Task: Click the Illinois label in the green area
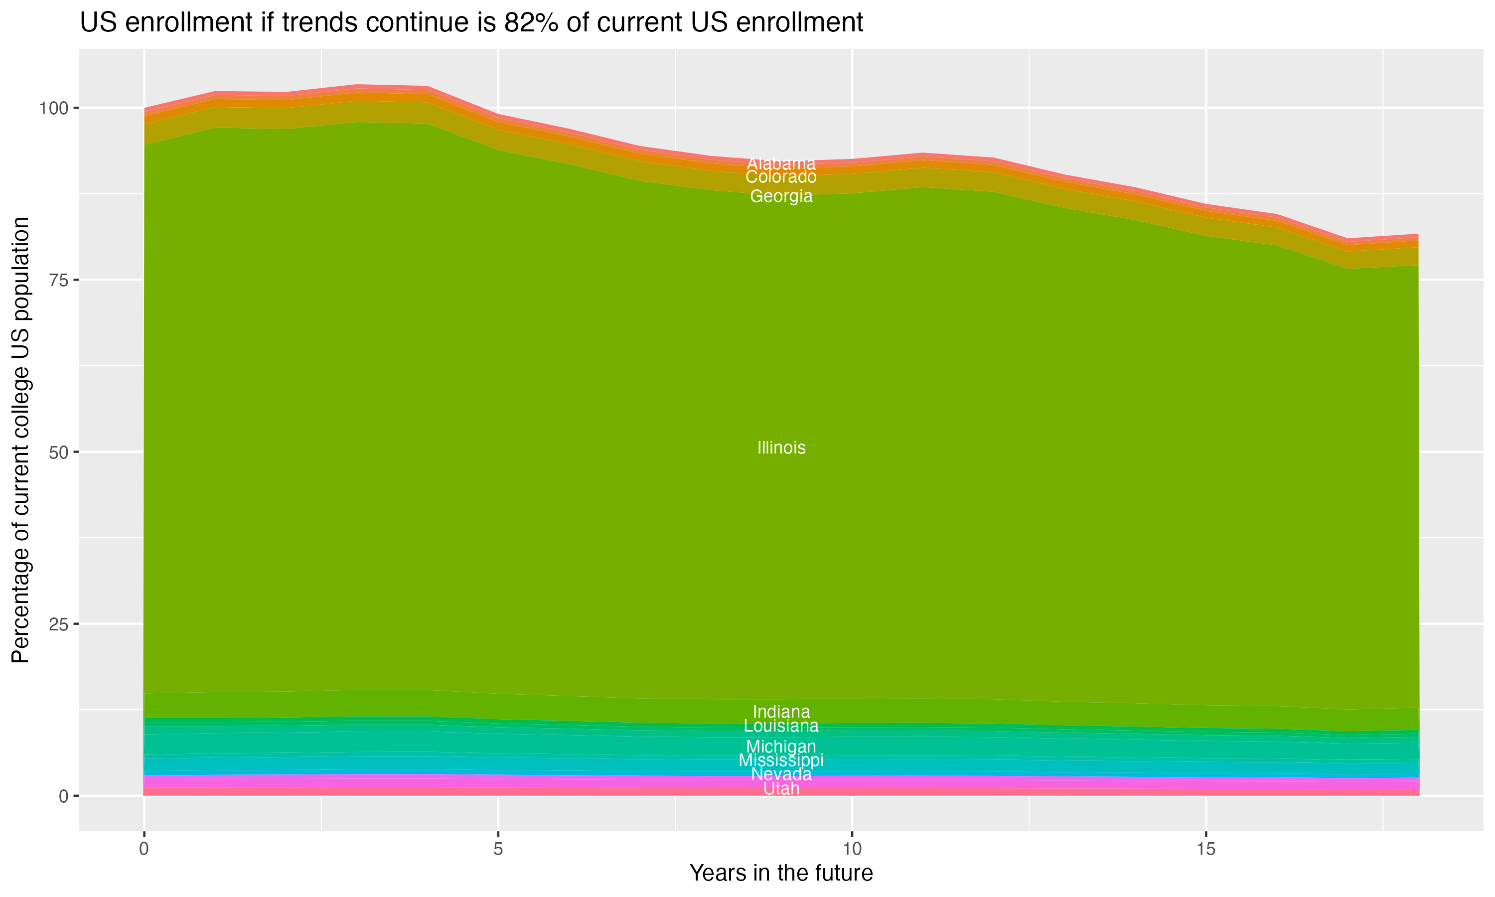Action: [781, 448]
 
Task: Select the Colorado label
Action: [781, 177]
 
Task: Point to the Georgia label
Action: [781, 196]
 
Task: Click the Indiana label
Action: [781, 712]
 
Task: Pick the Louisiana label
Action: [781, 726]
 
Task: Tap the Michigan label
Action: [781, 747]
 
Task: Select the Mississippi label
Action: [781, 760]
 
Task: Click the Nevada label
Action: [781, 774]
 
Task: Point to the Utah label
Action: [781, 789]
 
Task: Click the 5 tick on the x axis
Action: [498, 849]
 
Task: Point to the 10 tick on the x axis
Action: [852, 849]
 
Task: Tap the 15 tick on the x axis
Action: [1205, 849]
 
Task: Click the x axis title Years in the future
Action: [781, 874]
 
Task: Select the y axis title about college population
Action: [21, 440]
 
